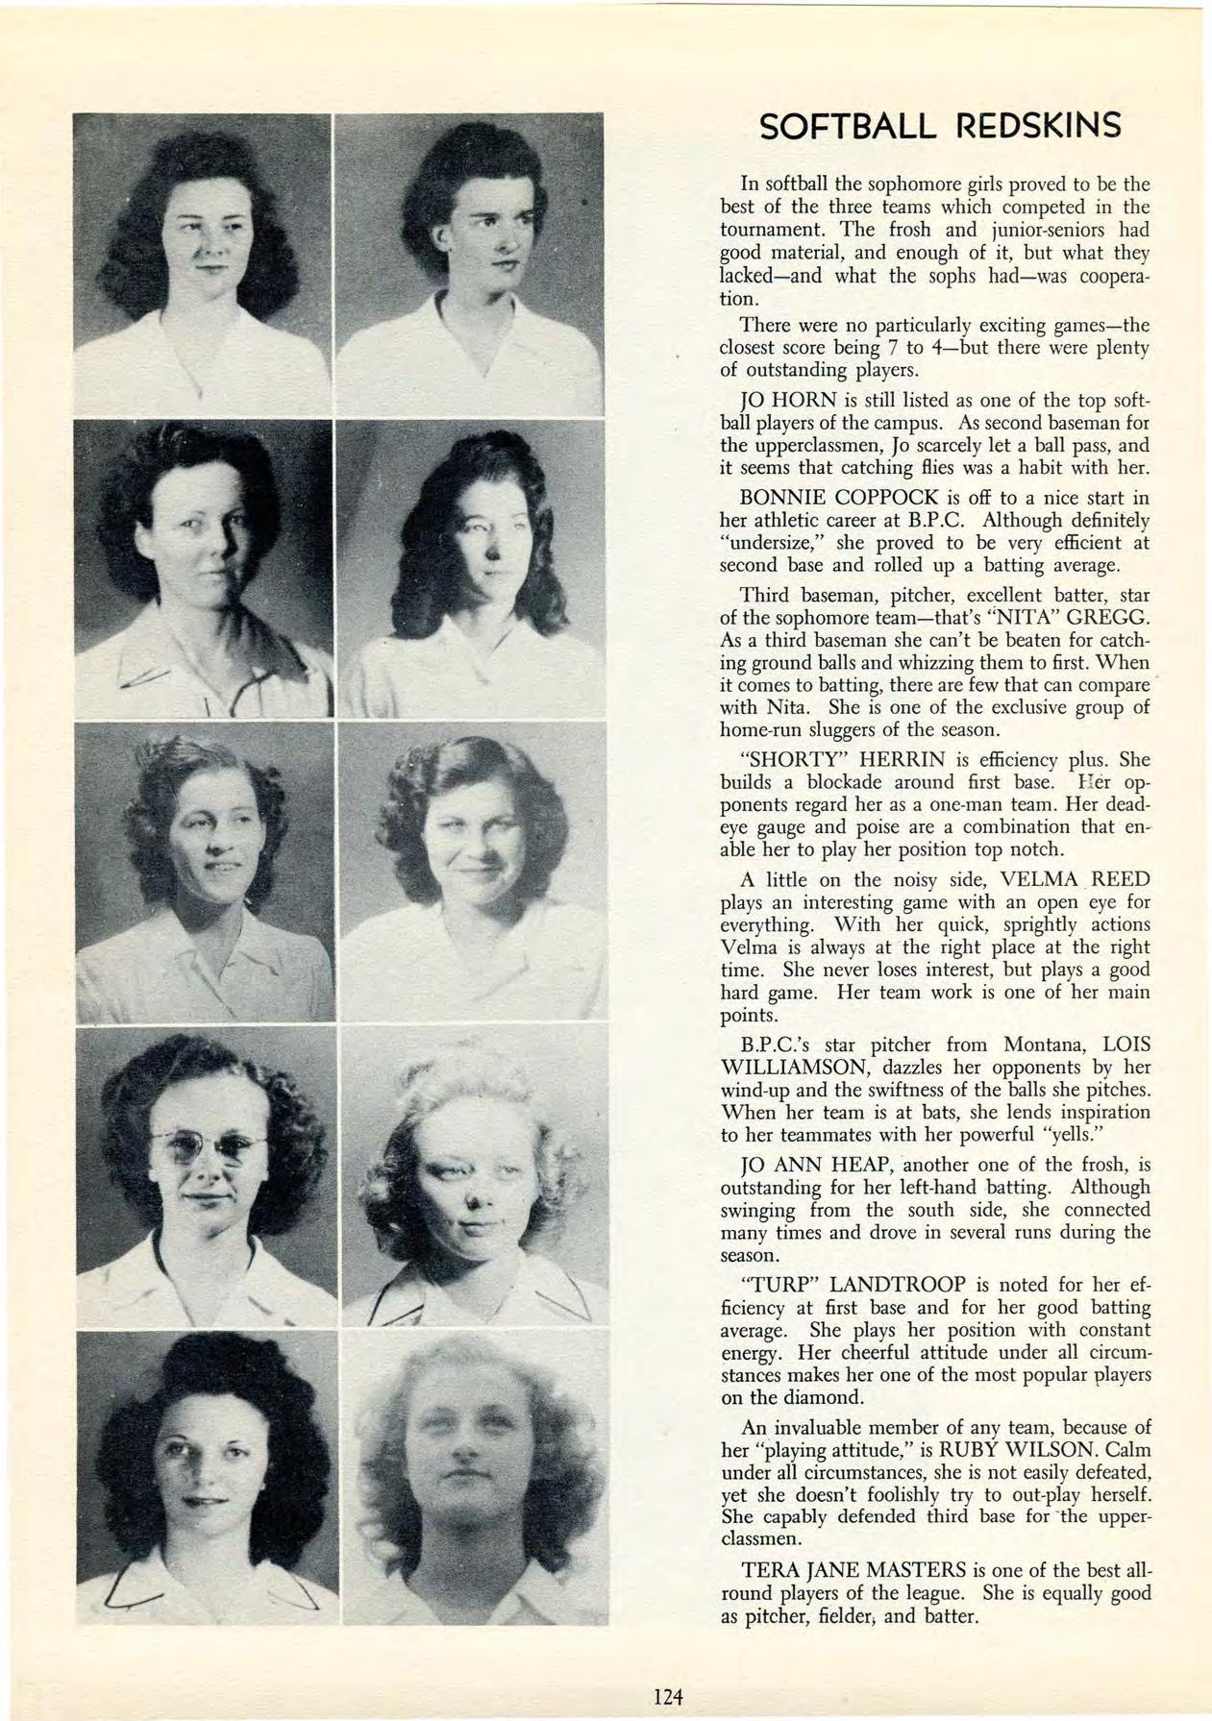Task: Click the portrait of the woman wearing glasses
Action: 207,1175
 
